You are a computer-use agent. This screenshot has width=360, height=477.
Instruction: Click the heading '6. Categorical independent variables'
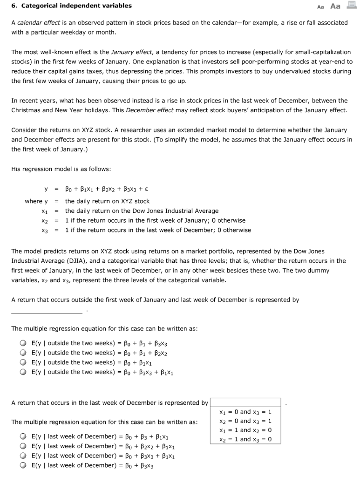click(x=71, y=6)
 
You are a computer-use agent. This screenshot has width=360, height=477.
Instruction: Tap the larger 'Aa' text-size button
click(x=335, y=6)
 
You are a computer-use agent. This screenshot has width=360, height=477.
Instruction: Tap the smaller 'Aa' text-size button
click(x=320, y=7)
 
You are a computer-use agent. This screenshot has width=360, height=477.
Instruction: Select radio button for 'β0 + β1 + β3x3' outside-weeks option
click(x=23, y=343)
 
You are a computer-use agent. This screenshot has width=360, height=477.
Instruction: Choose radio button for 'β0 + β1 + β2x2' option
click(x=23, y=353)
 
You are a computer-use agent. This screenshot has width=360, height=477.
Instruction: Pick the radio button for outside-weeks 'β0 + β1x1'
click(x=23, y=362)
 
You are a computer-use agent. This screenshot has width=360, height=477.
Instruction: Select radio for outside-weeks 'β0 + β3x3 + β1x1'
click(x=23, y=372)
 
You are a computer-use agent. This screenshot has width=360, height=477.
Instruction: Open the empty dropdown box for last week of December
click(x=245, y=402)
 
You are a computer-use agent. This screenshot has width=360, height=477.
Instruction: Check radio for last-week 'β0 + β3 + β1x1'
click(x=23, y=437)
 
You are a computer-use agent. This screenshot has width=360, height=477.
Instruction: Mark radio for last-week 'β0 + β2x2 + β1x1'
click(x=23, y=446)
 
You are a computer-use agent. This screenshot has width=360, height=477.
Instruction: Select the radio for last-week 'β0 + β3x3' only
click(x=23, y=465)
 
